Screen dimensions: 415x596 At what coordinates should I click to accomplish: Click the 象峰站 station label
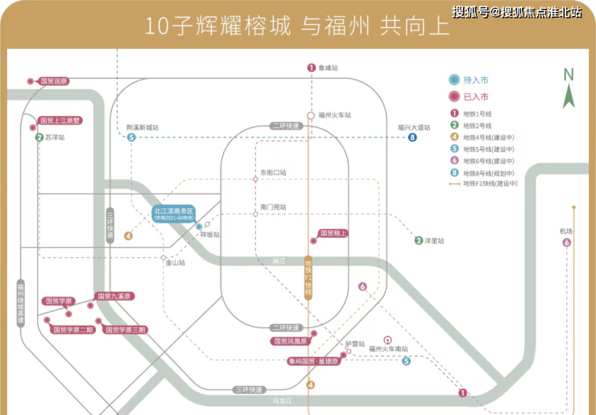(x=328, y=68)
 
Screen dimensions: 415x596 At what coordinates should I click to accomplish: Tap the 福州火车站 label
(x=335, y=115)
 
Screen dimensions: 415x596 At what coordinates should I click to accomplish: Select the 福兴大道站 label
(x=414, y=127)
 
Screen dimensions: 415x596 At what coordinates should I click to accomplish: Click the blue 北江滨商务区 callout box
(x=175, y=214)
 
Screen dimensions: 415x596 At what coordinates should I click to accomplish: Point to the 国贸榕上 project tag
(x=333, y=233)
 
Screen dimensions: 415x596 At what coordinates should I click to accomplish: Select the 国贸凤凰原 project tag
(x=291, y=341)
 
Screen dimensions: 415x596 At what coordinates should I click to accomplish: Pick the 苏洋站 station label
(x=55, y=138)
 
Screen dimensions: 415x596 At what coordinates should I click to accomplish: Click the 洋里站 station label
(x=434, y=240)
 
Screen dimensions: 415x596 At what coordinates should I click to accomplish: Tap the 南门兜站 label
(x=273, y=207)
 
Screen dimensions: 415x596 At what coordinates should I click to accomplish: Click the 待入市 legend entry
(x=475, y=80)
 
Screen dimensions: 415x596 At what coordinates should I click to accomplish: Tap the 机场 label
(x=566, y=232)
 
